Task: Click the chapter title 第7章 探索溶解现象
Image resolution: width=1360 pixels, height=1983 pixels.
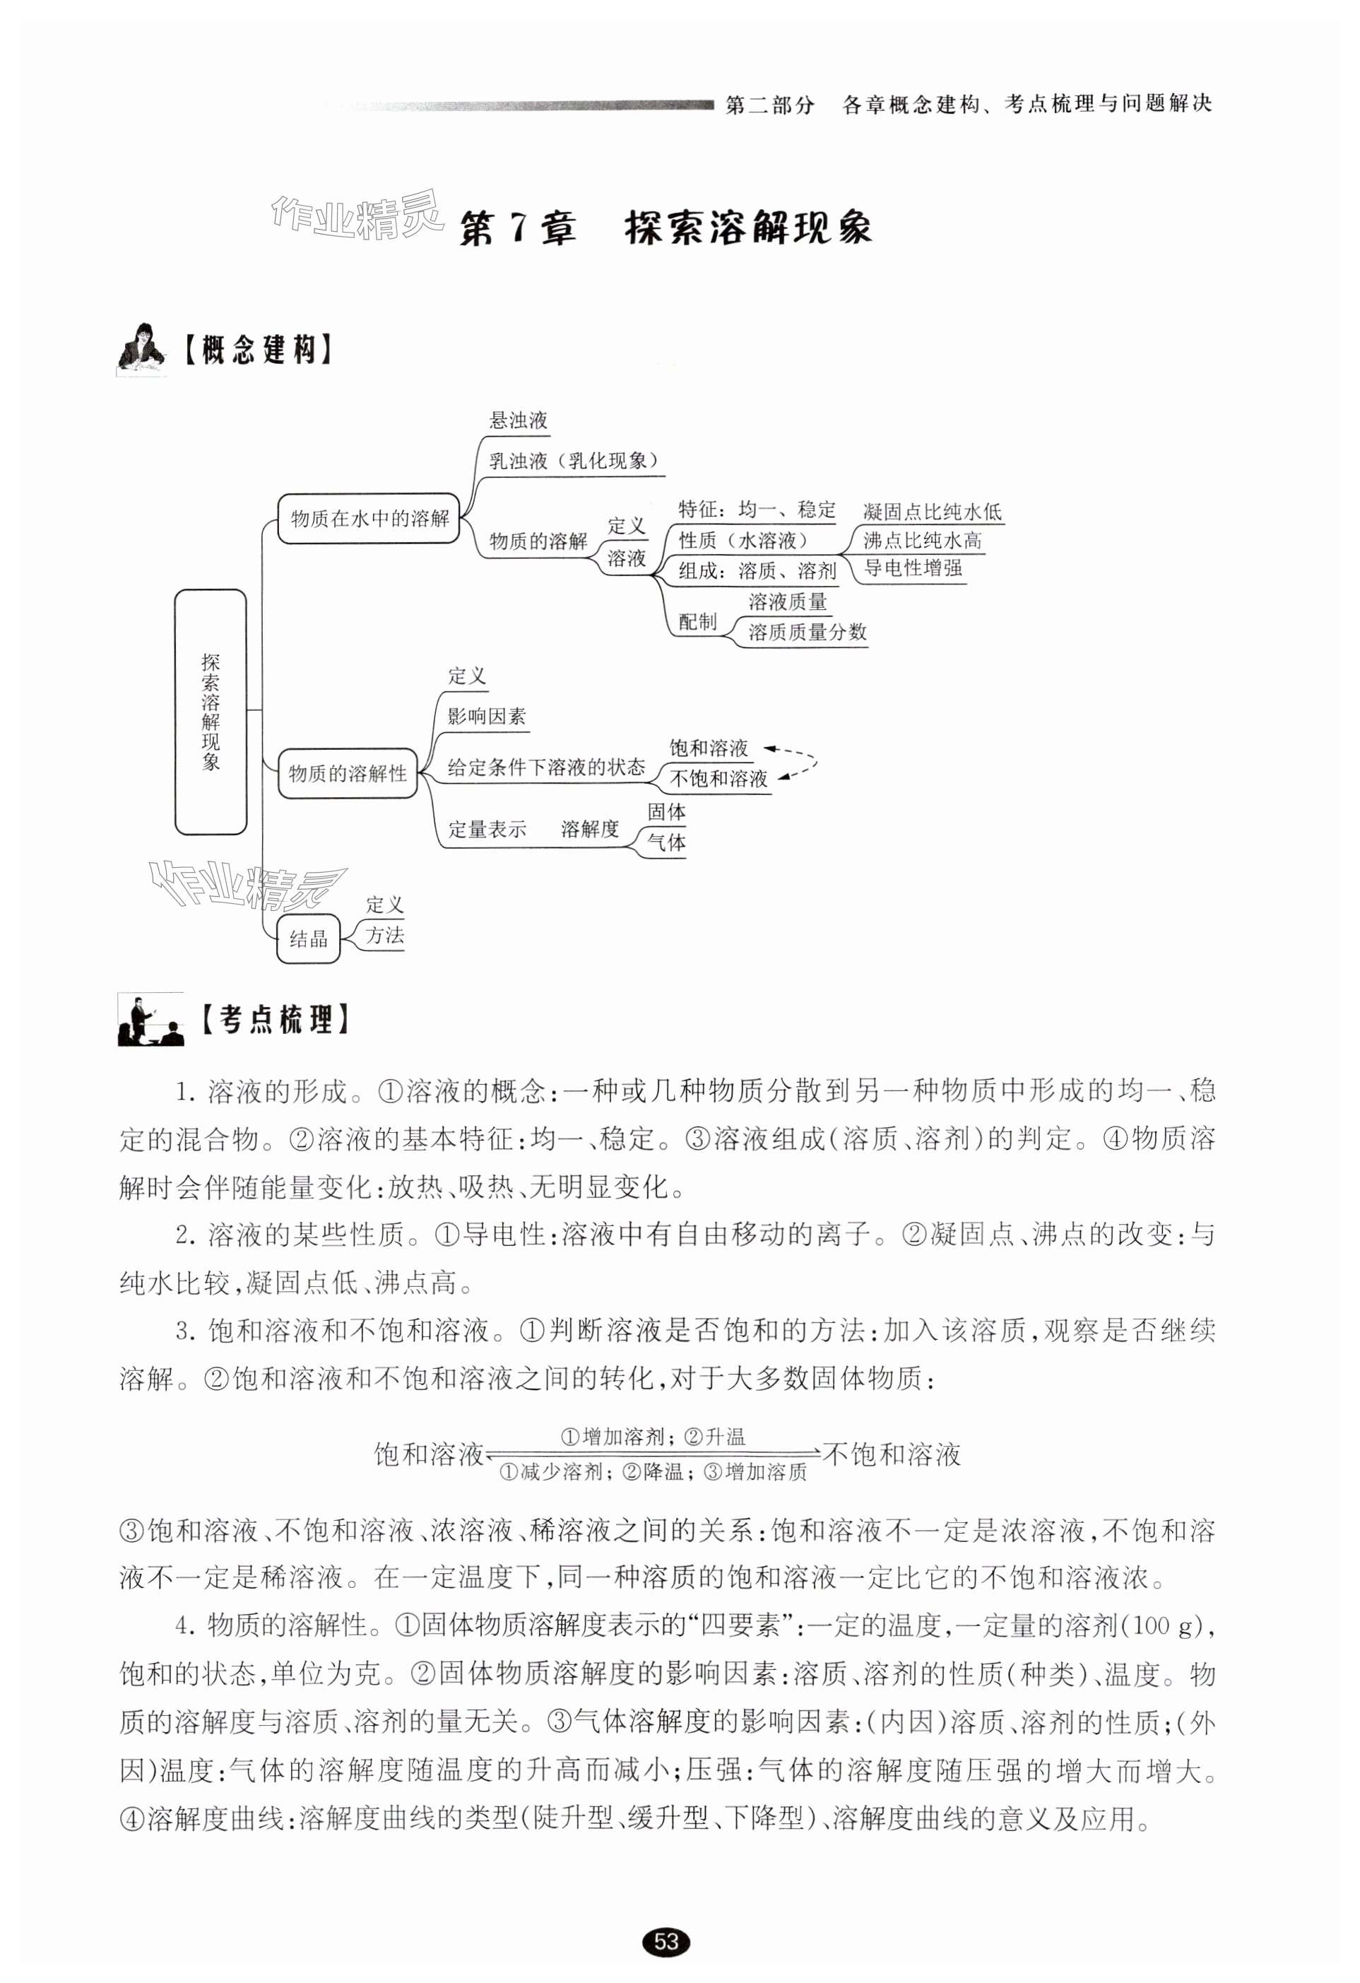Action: [665, 229]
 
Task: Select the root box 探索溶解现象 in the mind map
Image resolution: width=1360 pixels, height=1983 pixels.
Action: [211, 712]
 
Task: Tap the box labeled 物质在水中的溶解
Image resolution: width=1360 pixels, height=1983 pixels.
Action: [369, 518]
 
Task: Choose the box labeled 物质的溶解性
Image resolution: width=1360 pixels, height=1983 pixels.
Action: [348, 774]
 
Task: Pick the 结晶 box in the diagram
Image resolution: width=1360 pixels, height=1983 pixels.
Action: [308, 939]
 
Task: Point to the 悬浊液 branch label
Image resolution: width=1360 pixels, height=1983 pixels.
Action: [518, 420]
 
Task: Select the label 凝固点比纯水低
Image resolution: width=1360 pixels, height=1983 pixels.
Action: [932, 512]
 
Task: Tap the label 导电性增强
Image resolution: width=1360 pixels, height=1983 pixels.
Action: [913, 568]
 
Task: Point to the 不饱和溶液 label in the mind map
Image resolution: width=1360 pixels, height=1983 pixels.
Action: [719, 779]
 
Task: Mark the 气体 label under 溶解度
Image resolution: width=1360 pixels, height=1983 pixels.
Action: [666, 843]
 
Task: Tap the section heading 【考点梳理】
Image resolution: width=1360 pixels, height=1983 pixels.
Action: [275, 1020]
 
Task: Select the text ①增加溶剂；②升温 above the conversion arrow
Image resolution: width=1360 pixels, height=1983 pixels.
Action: [653, 1437]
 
